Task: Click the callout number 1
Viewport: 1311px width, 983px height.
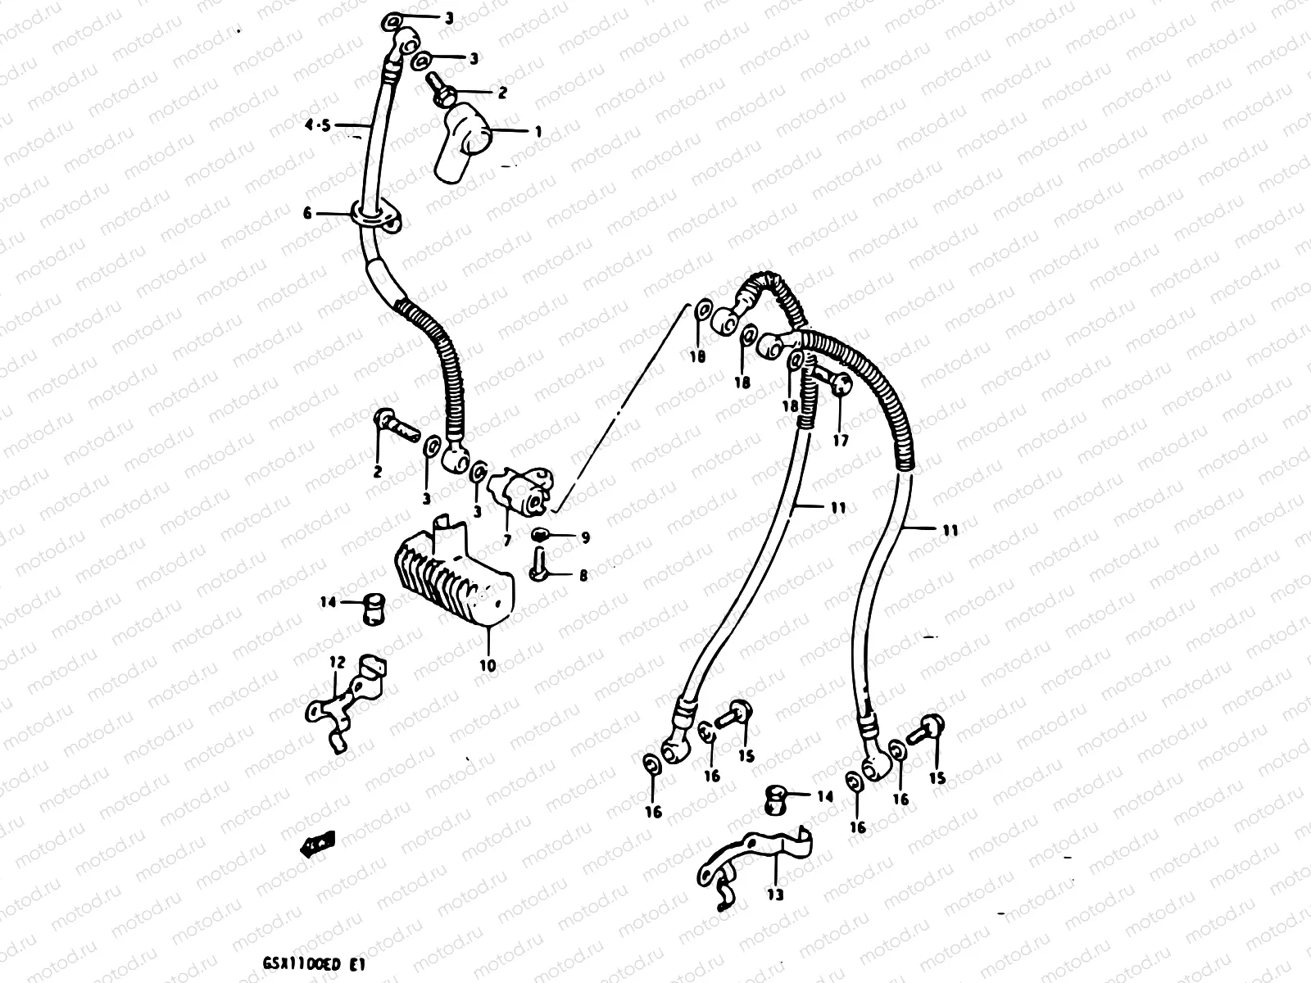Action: pos(538,131)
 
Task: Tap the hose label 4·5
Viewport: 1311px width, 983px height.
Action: pos(317,125)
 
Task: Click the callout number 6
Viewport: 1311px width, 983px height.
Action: pos(308,213)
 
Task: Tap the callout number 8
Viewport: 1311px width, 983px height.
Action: pos(583,577)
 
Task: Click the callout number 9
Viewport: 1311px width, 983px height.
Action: pos(584,538)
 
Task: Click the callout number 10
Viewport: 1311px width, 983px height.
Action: pos(487,666)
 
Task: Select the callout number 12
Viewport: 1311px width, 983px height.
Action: pos(338,661)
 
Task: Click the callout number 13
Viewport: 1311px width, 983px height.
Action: pos(775,895)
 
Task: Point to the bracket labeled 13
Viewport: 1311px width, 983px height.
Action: pos(750,860)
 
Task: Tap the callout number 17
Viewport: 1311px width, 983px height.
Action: pos(841,441)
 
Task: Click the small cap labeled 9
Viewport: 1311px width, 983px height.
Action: pos(539,536)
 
